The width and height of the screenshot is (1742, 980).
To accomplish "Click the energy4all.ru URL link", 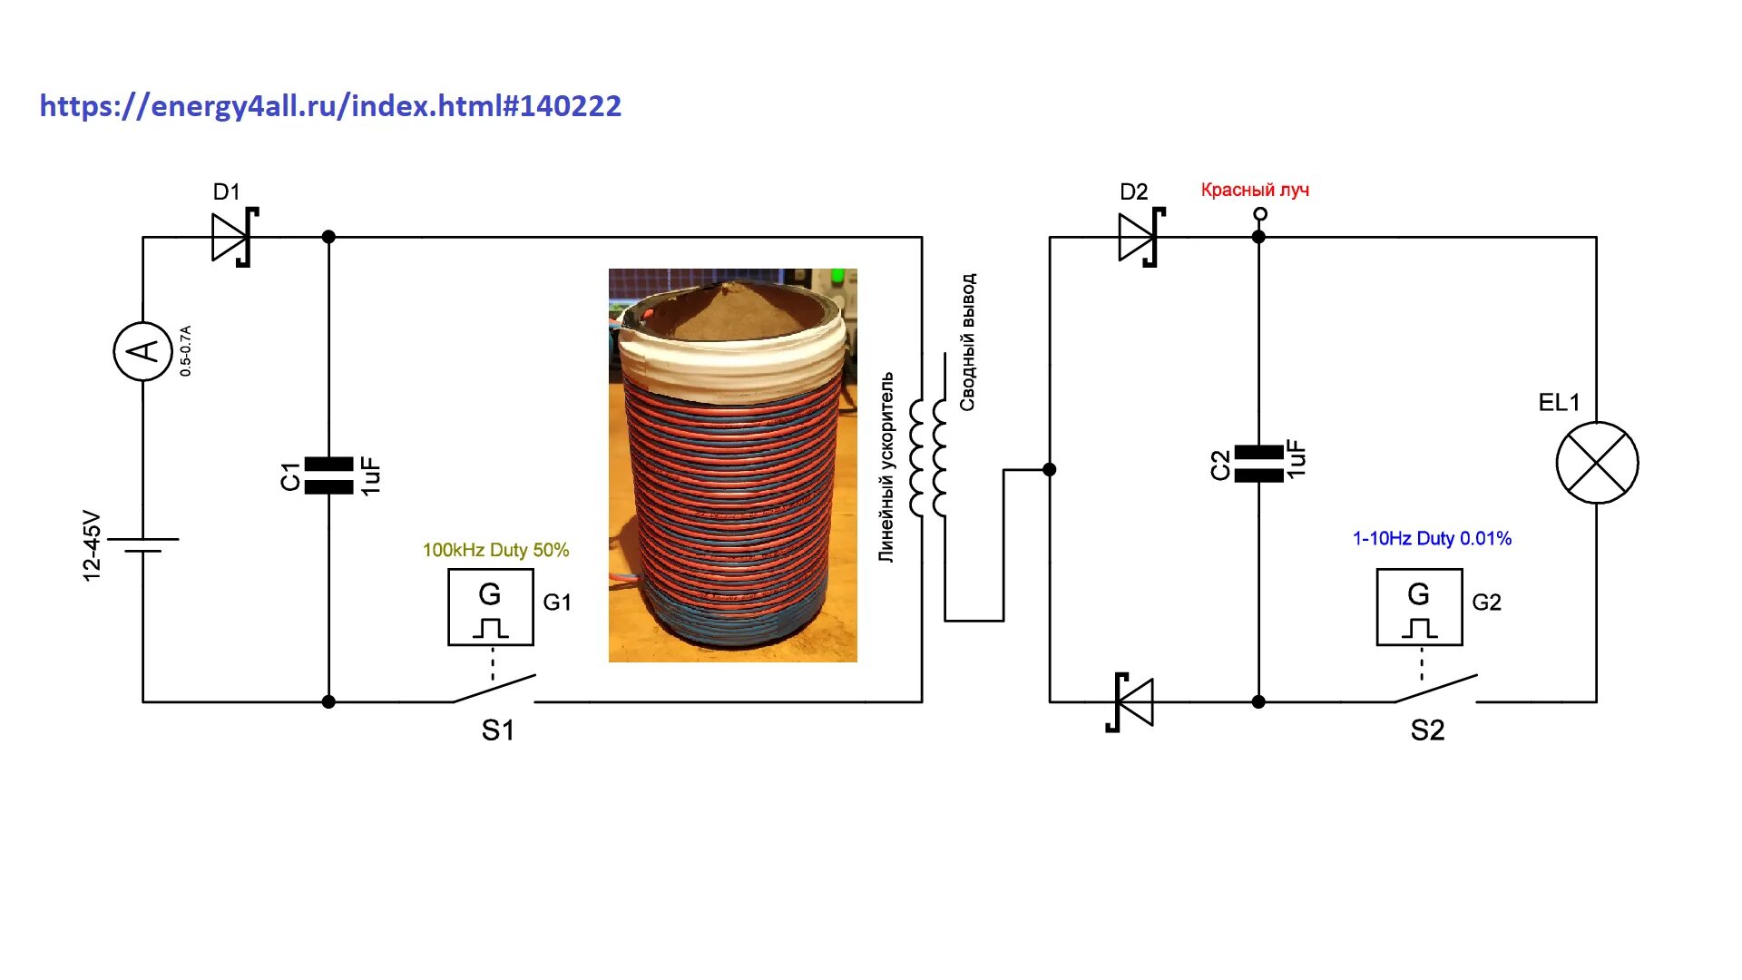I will click(330, 106).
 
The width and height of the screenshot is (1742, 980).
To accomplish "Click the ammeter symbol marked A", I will click(142, 351).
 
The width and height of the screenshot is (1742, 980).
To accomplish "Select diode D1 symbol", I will click(232, 237).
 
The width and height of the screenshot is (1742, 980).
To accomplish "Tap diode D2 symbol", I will click(1140, 237).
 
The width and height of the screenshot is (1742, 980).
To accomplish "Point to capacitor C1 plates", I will click(328, 475).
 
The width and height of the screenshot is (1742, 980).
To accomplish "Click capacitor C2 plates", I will click(1258, 464).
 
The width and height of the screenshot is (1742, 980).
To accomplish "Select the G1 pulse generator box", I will click(491, 607).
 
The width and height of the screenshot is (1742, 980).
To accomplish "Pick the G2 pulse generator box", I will click(1419, 607).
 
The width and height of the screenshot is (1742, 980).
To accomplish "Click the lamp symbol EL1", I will click(1597, 463).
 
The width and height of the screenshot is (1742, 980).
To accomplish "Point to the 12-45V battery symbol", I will click(142, 544).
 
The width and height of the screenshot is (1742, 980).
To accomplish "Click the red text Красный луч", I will click(1255, 190).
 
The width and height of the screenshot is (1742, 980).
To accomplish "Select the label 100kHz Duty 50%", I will click(495, 550).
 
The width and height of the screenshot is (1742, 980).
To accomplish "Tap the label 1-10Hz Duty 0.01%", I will click(1432, 538).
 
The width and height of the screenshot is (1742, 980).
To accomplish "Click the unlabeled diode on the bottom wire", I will click(1131, 701).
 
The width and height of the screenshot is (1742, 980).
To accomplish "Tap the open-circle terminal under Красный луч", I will click(1259, 214).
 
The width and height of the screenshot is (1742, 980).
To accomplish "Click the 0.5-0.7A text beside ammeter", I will click(185, 350).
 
